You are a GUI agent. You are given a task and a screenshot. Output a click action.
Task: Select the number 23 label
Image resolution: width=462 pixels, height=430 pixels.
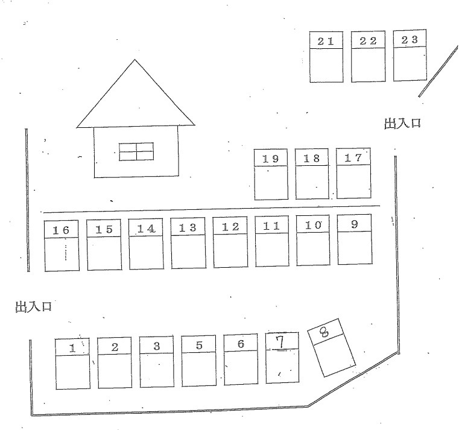pos(410,39)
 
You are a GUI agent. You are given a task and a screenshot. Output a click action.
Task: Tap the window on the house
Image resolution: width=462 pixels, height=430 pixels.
pos(136,151)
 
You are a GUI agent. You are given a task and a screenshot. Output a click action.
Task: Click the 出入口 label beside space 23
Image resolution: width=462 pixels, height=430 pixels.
pos(402,125)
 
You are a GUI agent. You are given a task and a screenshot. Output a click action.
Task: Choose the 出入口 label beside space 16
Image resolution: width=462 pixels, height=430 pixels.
pos(33,307)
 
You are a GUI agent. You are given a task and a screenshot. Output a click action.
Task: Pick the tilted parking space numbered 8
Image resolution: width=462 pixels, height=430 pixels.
pos(331,349)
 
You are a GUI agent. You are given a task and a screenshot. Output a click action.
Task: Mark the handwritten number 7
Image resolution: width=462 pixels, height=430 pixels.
pos(279,341)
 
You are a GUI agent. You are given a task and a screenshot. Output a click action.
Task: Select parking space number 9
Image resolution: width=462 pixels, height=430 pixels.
pos(354,239)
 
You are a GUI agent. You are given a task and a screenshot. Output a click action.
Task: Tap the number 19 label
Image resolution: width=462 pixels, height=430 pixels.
pos(270,159)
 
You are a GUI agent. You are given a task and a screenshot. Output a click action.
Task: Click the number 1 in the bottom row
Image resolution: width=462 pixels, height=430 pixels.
pos(72,347)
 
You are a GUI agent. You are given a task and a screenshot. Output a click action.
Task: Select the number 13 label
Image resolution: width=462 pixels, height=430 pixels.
pos(188,227)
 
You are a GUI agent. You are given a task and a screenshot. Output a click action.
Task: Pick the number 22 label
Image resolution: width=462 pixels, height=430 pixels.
pos(368,40)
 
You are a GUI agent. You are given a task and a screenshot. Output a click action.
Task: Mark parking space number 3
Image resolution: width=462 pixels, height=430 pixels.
pos(157,362)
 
